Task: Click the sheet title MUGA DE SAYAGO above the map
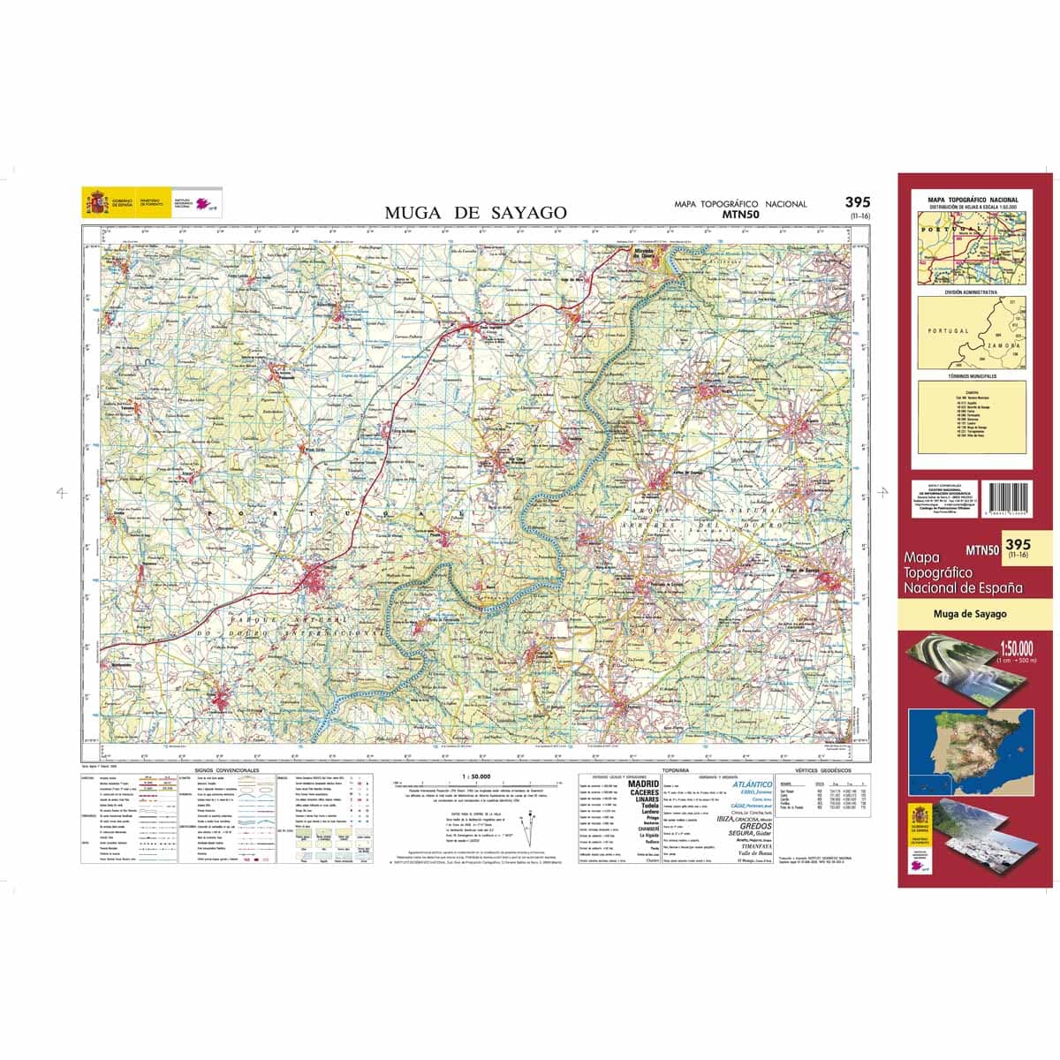click(x=475, y=213)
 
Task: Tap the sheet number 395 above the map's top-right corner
click(x=857, y=202)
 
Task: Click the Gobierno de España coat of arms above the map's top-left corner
click(x=95, y=202)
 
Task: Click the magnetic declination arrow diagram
click(x=530, y=830)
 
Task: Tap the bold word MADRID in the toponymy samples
click(x=643, y=783)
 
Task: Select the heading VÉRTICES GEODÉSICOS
click(x=823, y=771)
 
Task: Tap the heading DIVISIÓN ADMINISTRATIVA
click(x=971, y=291)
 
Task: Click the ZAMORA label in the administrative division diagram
click(x=1003, y=346)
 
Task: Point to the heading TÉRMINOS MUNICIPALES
click(x=971, y=376)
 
